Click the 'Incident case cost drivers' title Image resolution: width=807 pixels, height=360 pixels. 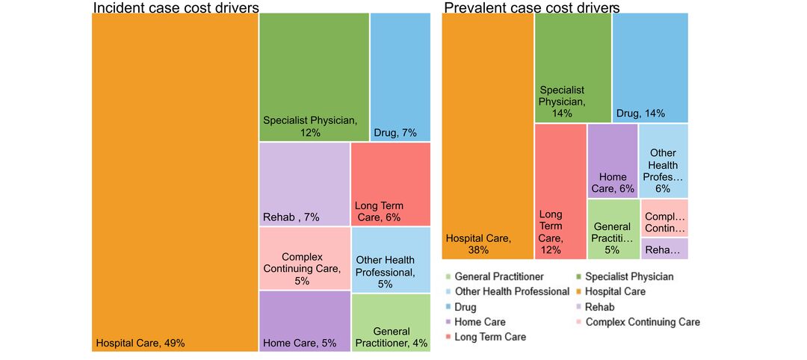click(176, 7)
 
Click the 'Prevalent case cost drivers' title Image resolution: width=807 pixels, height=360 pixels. click(531, 7)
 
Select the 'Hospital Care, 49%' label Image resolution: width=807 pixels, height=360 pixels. click(140, 344)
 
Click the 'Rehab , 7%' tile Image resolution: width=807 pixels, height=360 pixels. click(304, 184)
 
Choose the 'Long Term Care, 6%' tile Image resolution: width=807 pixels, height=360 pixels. click(390, 184)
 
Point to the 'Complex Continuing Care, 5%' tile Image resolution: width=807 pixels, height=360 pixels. click(304, 258)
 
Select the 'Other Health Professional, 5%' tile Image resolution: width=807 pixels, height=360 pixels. click(390, 260)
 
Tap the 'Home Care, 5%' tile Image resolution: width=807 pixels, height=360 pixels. click(304, 321)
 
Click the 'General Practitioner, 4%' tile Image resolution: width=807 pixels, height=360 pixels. click(390, 323)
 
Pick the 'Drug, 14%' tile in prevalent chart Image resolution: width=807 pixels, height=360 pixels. click(650, 68)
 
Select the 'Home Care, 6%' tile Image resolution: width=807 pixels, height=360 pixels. click(613, 161)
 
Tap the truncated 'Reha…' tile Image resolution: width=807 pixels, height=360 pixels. click(664, 249)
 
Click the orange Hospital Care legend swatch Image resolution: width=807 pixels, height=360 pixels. click(580, 292)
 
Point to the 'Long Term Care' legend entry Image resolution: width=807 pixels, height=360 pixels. click(490, 337)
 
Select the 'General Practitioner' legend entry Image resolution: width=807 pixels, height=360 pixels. click(498, 277)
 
